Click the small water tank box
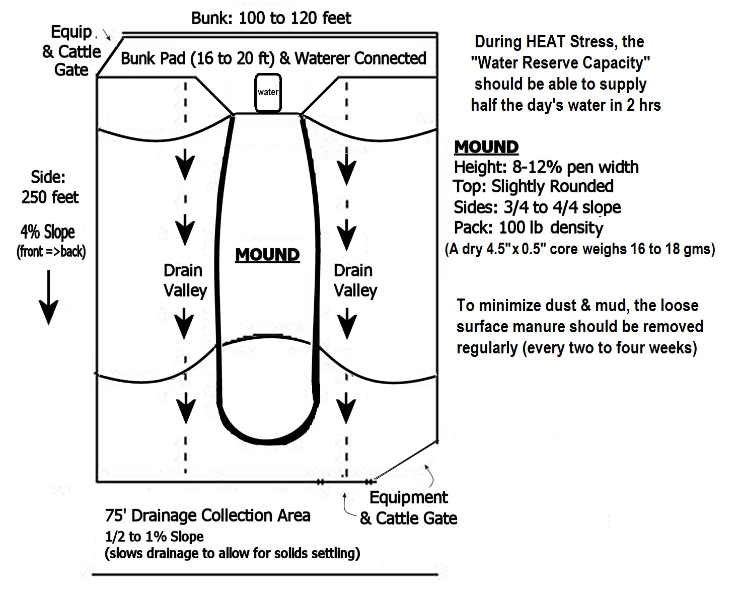[268, 93]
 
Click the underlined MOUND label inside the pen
[267, 255]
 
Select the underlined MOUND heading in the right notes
[486, 147]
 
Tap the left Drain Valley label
[184, 280]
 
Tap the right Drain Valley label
[354, 280]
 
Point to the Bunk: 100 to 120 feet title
[271, 19]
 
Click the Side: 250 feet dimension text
[49, 187]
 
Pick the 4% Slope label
[47, 232]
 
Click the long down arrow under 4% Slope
[49, 297]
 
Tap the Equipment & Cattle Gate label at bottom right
[408, 508]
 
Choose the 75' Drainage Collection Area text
[207, 515]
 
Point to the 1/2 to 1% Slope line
[154, 536]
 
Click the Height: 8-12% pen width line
[546, 167]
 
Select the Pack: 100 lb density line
[528, 228]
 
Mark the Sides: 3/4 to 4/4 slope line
[537, 207]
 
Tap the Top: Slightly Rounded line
[533, 187]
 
